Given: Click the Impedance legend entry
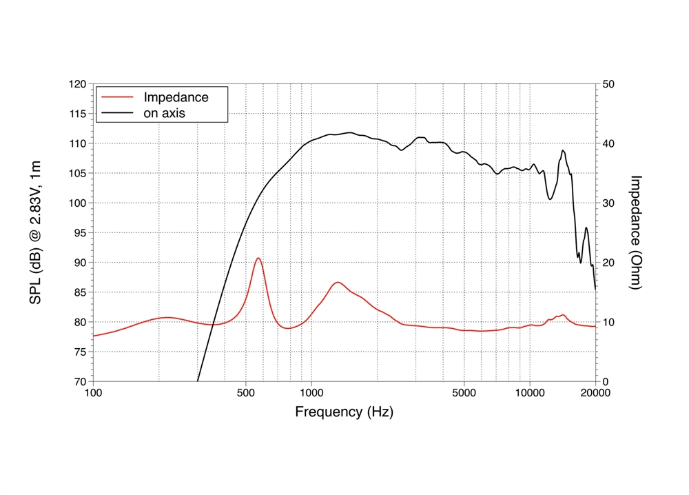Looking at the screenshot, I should (176, 97).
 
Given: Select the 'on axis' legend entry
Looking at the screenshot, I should (164, 112).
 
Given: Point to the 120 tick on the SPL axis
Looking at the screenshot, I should (77, 84).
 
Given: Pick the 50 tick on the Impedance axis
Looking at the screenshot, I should (610, 84).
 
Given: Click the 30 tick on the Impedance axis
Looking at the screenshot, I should (610, 203).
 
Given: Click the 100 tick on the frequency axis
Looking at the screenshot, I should (93, 394).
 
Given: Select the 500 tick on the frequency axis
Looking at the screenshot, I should (246, 394).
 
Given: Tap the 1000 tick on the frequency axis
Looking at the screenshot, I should (311, 394).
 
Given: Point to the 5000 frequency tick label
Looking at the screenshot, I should (464, 394).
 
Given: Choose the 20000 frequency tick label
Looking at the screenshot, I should (595, 394).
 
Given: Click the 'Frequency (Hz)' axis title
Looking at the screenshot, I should (344, 412).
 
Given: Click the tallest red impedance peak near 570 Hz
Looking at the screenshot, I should (258, 259).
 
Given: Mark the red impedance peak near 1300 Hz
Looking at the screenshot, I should (338, 283).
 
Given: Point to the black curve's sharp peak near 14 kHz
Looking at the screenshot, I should (563, 150).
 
